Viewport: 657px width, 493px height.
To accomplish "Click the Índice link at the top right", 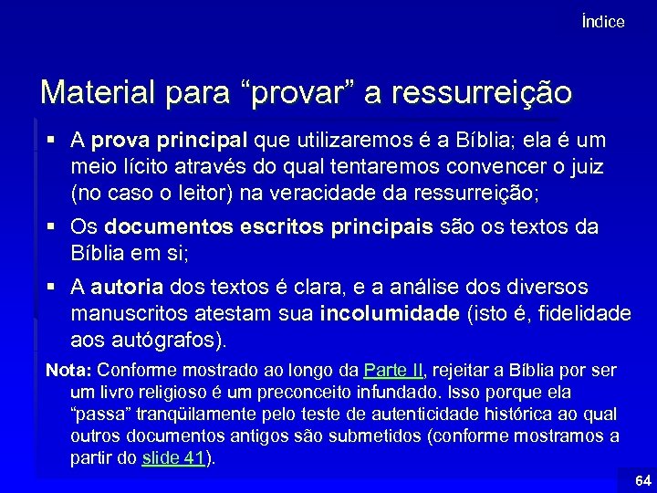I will [603, 22].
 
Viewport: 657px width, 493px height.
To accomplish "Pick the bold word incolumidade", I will [390, 314].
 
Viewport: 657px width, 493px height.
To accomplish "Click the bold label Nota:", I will [68, 371].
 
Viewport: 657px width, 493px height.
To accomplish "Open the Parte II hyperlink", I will [393, 371].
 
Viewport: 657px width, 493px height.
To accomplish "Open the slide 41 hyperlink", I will [174, 458].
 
